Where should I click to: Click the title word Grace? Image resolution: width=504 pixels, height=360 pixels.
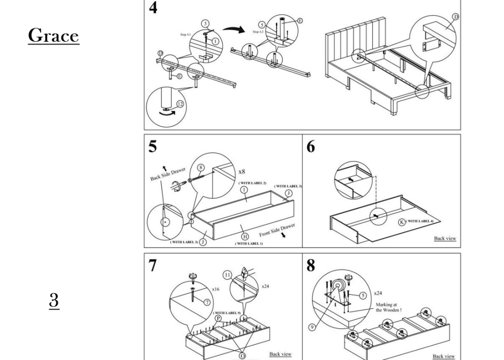pyautogui.click(x=53, y=36)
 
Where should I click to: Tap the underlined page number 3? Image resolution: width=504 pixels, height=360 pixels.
pyautogui.click(x=54, y=300)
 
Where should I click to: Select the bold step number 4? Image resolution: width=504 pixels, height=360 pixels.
pyautogui.click(x=152, y=8)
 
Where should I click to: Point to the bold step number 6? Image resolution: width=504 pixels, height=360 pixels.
pyautogui.click(x=310, y=146)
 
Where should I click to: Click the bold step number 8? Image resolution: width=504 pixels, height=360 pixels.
pyautogui.click(x=311, y=265)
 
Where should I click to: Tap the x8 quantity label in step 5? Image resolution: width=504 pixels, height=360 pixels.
pyautogui.click(x=242, y=171)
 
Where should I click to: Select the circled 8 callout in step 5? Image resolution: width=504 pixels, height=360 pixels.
pyautogui.click(x=201, y=167)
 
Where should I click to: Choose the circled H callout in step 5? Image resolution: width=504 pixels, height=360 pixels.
pyautogui.click(x=245, y=236)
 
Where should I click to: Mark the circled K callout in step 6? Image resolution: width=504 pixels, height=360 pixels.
pyautogui.click(x=402, y=221)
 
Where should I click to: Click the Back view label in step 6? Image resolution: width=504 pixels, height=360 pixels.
pyautogui.click(x=445, y=238)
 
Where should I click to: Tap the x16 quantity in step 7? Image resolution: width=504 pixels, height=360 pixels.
pyautogui.click(x=216, y=289)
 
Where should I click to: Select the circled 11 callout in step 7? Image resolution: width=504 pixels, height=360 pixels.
pyautogui.click(x=228, y=275)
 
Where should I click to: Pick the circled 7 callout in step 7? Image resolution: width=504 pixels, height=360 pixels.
pyautogui.click(x=206, y=302)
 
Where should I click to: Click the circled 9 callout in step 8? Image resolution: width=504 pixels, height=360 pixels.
pyautogui.click(x=312, y=327)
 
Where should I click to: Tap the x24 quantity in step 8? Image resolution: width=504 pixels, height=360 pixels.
pyautogui.click(x=378, y=293)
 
